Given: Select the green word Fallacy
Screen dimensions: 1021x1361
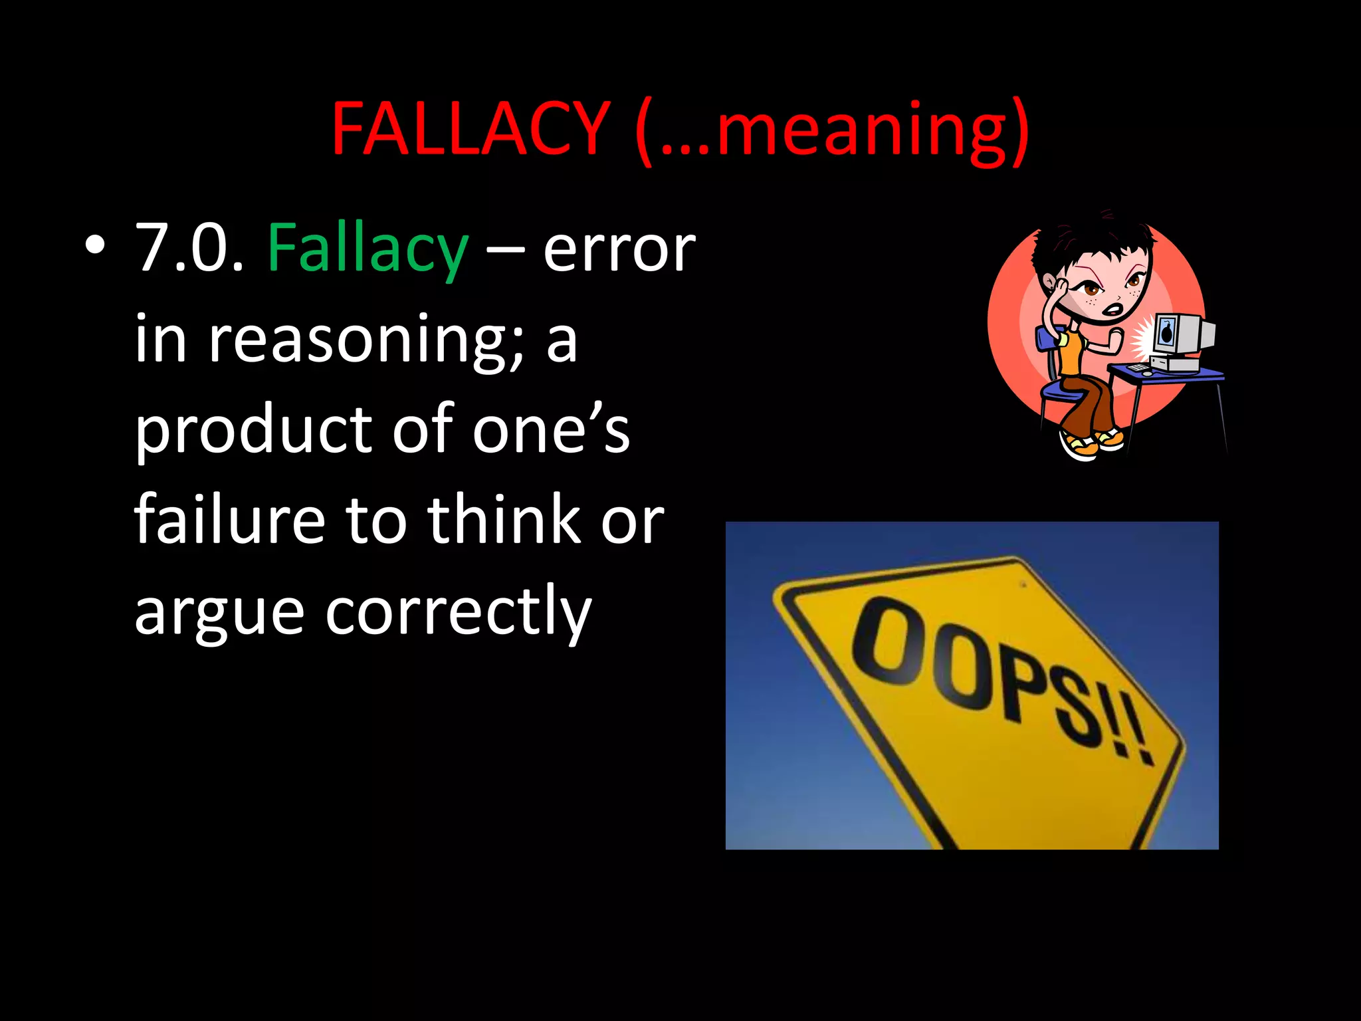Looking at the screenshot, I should coord(367,249).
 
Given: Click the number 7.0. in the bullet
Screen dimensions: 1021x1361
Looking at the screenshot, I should coord(189,249).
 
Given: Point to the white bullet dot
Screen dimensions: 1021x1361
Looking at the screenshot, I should coord(95,246).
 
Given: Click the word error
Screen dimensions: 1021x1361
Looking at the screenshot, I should coord(619,250).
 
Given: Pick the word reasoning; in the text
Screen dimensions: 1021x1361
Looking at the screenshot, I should coord(366,340).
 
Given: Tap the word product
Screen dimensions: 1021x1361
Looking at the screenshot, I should coord(253,431).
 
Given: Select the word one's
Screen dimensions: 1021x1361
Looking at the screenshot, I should coord(551,431).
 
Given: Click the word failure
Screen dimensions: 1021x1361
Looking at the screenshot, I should coord(230,520).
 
